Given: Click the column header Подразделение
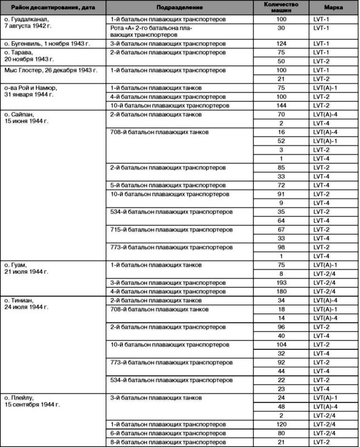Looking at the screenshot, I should click(x=179, y=9).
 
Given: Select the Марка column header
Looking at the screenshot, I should click(x=333, y=9).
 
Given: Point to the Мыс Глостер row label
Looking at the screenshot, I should click(x=51, y=71).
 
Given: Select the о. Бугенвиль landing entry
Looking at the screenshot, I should click(x=51, y=43).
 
